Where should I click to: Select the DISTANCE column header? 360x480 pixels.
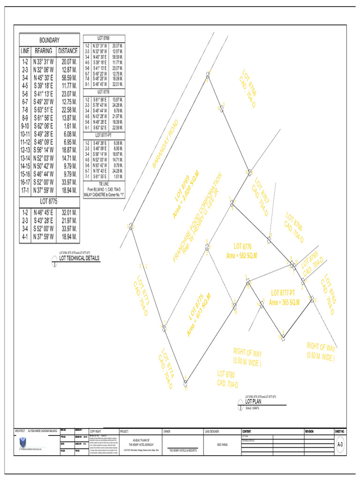pyautogui.click(x=67, y=51)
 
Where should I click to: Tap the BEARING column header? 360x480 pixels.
pyautogui.click(x=44, y=51)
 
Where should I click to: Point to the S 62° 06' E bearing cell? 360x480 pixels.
pyautogui.click(x=44, y=126)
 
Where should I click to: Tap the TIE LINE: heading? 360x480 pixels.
pyautogui.click(x=104, y=184)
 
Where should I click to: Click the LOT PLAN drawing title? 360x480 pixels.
pyautogui.click(x=255, y=401)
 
